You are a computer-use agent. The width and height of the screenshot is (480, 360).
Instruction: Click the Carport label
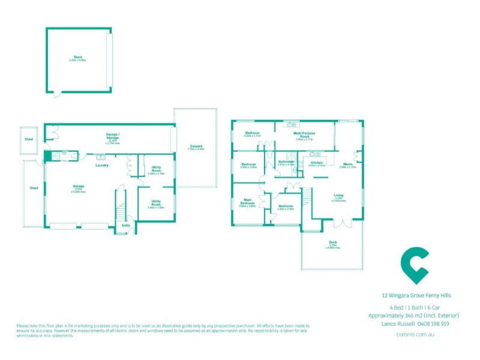[x=196, y=146]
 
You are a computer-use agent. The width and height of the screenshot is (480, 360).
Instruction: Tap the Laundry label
[x=101, y=166]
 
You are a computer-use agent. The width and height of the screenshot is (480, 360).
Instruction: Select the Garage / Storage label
[x=113, y=136]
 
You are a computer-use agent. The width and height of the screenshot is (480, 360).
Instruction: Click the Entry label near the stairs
[x=126, y=225]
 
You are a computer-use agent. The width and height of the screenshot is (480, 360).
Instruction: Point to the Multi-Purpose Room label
[x=305, y=135]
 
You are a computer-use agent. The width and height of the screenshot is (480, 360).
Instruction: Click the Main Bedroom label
[x=248, y=201]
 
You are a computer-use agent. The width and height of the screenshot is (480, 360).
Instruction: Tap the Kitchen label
[x=316, y=163]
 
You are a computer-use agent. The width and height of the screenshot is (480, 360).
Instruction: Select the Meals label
[x=347, y=164]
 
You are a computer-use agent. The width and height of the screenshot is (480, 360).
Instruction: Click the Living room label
[x=339, y=195]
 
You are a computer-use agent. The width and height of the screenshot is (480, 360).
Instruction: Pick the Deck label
[x=332, y=242]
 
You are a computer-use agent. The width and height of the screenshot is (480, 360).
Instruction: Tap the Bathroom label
[x=286, y=162]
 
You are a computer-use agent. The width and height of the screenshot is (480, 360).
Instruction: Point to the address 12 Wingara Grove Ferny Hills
[x=416, y=295]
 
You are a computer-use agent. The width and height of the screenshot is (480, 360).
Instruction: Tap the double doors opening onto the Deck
[x=343, y=223]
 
